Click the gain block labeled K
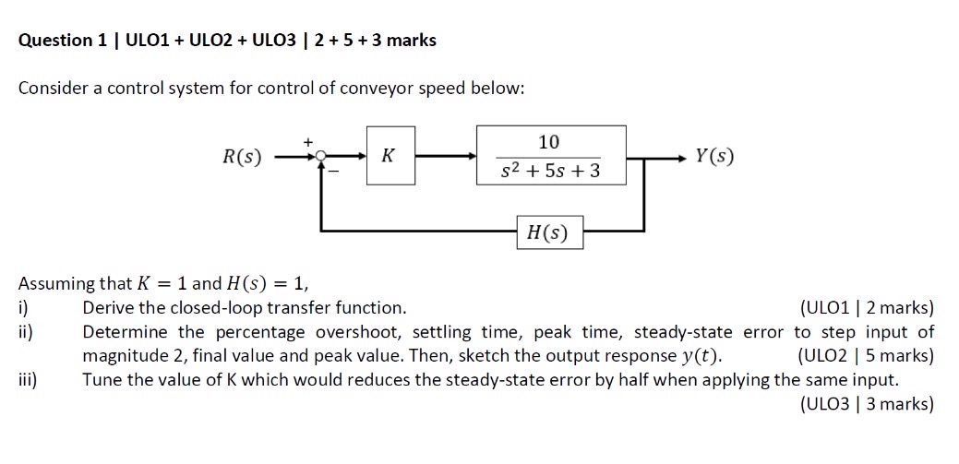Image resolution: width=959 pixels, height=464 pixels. coord(390,156)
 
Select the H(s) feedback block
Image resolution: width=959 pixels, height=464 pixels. coord(548,233)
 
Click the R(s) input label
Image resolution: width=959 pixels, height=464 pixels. coord(242,157)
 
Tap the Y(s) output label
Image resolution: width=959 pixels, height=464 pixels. coord(715,157)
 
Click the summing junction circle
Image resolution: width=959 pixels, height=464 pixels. coord(320,157)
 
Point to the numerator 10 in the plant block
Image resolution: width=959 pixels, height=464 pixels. coord(548,141)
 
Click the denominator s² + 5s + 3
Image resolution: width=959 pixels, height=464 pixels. coord(550,172)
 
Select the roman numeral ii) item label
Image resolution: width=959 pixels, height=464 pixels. coord(25,332)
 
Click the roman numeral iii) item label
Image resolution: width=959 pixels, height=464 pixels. coord(27,379)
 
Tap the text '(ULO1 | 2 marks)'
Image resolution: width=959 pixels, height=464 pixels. coord(868,308)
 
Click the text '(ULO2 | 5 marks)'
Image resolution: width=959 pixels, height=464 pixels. coord(865,356)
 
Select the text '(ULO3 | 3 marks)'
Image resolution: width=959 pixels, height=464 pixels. coord(868,403)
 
